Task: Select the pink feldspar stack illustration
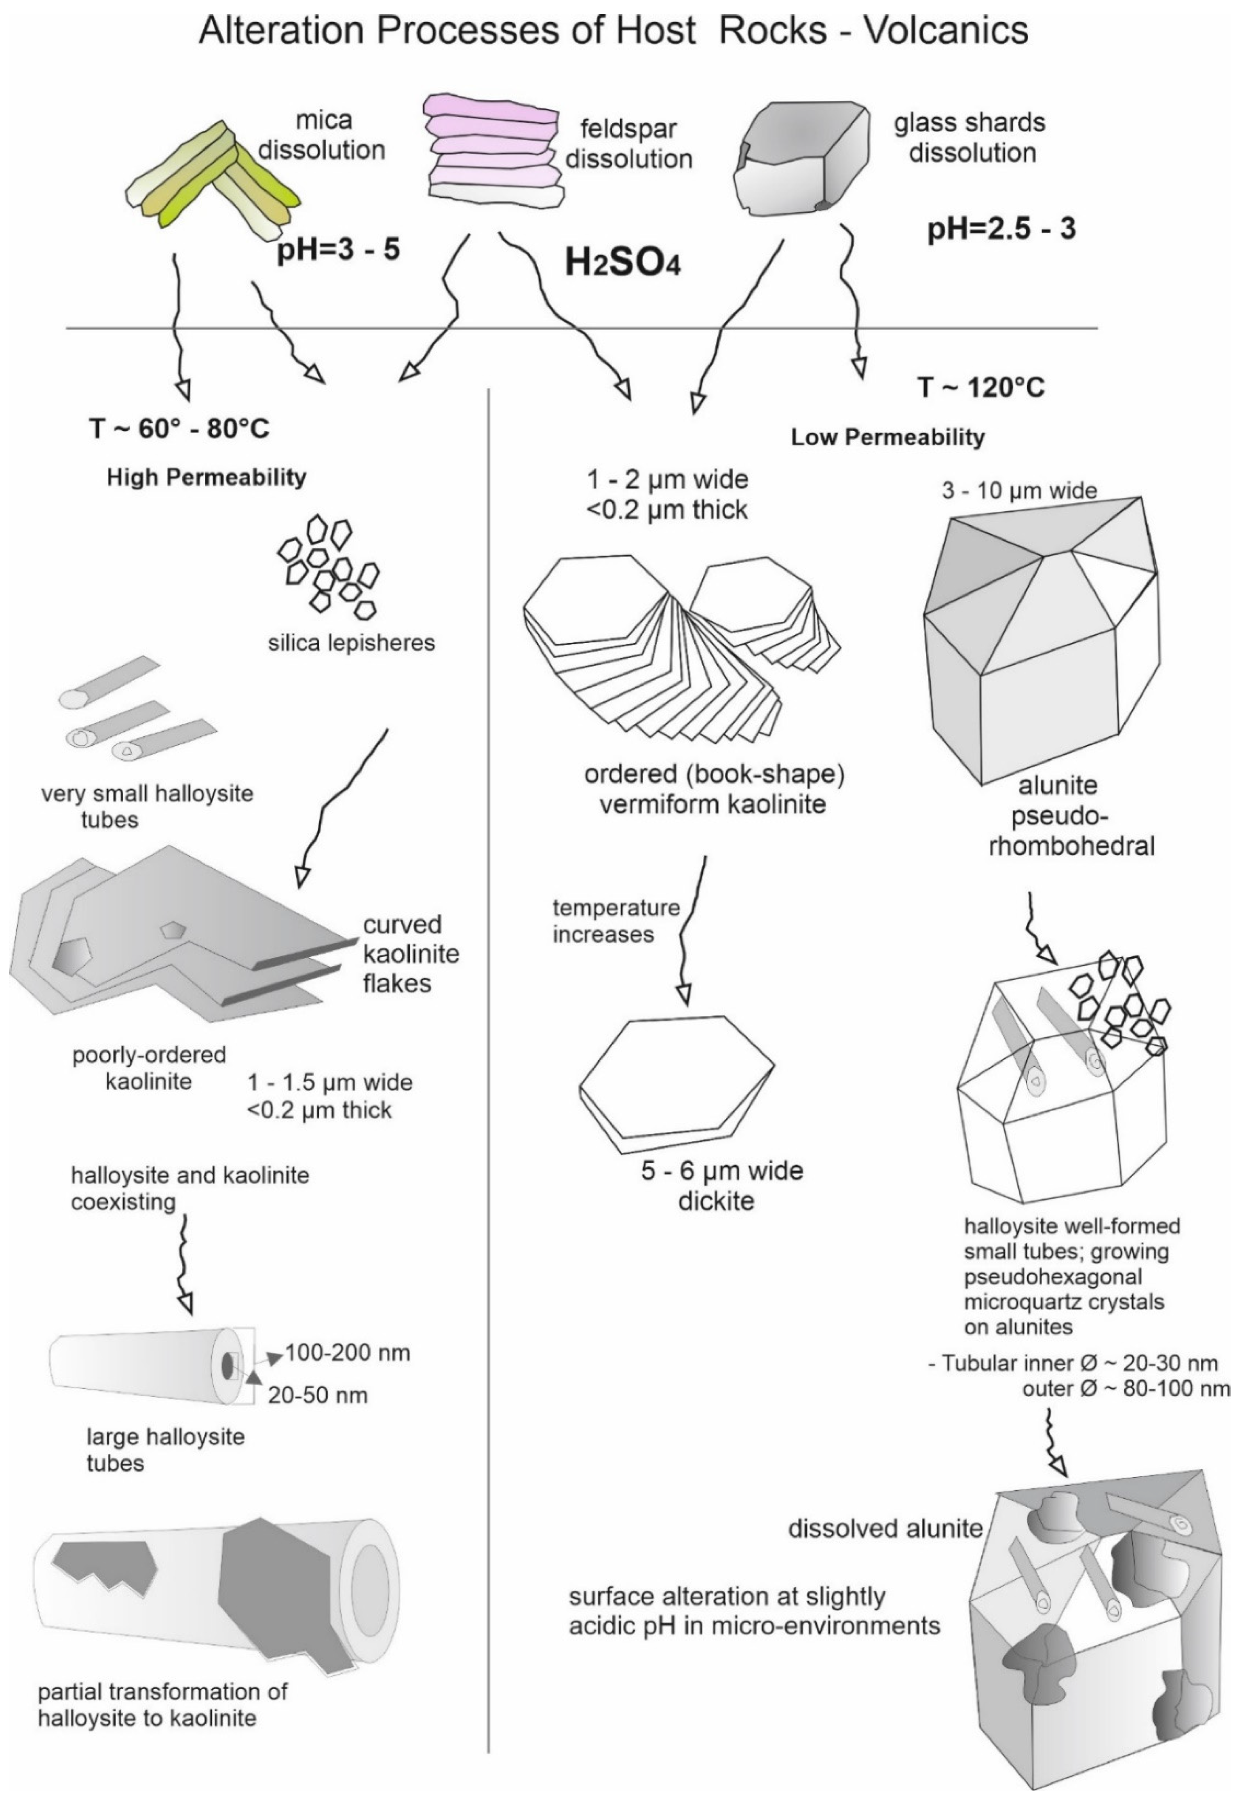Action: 493,150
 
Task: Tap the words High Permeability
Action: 207,477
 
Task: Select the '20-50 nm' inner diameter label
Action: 318,1396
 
